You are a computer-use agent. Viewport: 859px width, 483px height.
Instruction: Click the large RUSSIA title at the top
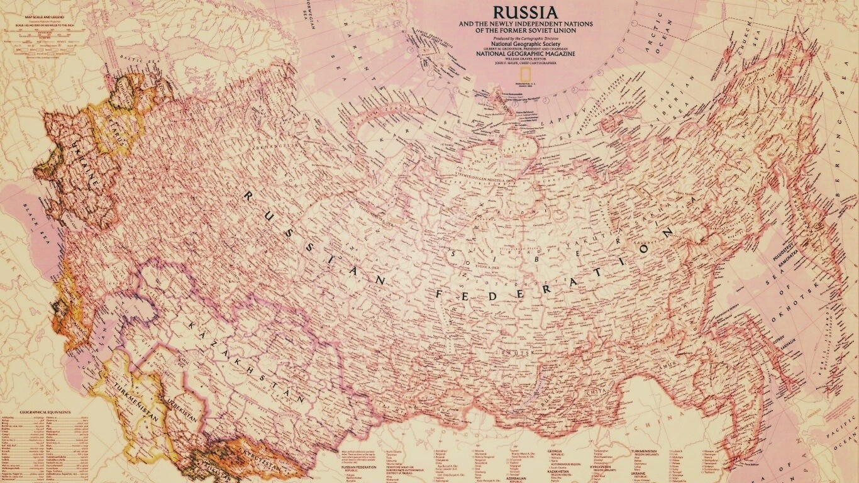coord(524,13)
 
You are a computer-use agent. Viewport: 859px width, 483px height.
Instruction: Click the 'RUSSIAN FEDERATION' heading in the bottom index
coord(358,467)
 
